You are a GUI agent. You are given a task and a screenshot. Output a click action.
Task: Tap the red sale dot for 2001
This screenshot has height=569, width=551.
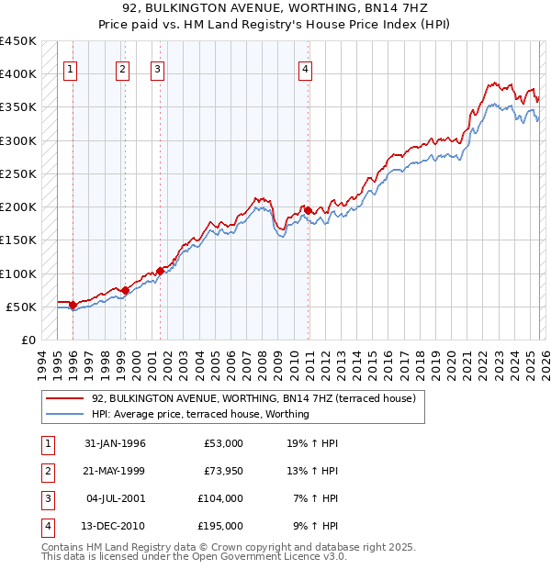pos(160,271)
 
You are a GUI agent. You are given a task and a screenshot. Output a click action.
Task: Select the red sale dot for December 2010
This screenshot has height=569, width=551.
pos(308,210)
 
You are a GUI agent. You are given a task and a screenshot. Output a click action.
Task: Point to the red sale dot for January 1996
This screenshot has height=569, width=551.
pos(73,305)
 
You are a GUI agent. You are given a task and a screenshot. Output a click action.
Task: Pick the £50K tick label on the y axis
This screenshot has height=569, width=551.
pos(22,307)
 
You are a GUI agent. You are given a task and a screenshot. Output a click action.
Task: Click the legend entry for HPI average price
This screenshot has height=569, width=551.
pos(200,414)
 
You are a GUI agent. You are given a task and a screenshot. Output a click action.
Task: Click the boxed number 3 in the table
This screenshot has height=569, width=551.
pos(47,498)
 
